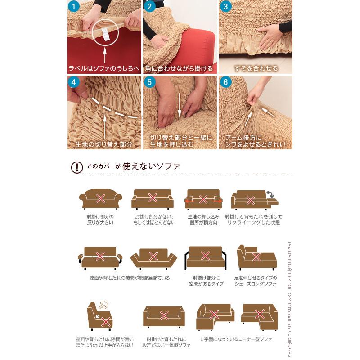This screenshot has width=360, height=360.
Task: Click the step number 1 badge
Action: coord(74,7)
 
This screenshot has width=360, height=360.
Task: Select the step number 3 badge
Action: coord(226,7)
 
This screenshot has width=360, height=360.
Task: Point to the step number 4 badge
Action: coord(74,82)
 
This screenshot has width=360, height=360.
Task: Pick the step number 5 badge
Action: coord(150,82)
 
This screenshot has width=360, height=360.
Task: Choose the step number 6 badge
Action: coord(226,82)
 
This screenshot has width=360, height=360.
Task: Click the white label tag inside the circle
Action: coord(105,33)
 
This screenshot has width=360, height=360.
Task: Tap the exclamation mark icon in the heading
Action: coord(77,167)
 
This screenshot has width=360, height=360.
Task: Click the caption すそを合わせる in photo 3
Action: coord(256,69)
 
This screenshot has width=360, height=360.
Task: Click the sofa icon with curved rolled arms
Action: coord(100,198)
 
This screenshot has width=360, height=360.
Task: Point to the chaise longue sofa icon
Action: coord(256,257)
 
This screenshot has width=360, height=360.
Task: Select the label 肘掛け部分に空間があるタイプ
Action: coord(205,281)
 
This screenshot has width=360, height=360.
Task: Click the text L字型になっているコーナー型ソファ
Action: coord(236,339)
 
